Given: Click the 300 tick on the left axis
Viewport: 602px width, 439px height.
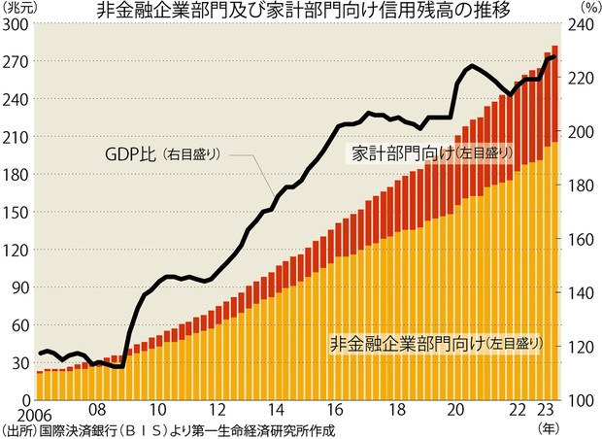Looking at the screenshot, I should point(17,24).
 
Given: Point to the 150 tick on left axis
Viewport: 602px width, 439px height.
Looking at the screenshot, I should point(17,212).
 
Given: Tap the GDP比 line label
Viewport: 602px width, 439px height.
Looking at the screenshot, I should point(131,153).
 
